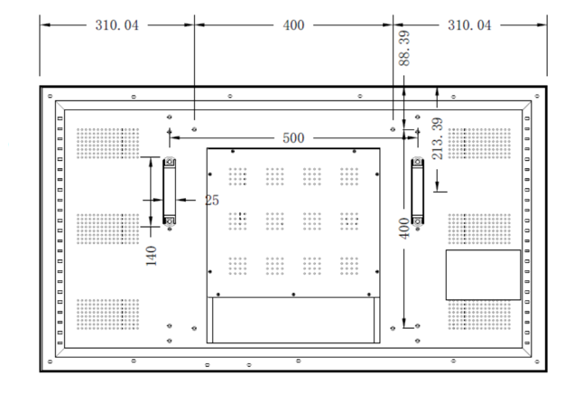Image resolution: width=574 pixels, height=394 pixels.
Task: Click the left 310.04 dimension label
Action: click(x=116, y=25)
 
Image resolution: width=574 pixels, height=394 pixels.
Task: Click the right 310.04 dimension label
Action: click(x=469, y=25)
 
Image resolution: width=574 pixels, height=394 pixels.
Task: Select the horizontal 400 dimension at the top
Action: click(x=293, y=25)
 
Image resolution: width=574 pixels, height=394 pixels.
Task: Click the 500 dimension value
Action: click(x=293, y=137)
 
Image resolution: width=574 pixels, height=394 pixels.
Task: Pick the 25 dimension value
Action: click(x=211, y=200)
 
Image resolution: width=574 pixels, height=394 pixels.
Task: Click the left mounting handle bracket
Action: click(x=170, y=191)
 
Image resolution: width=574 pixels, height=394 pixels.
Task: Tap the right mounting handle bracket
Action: click(x=417, y=191)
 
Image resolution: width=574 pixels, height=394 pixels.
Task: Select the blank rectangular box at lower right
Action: click(x=483, y=275)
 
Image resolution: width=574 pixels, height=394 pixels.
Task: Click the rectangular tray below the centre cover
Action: click(x=293, y=319)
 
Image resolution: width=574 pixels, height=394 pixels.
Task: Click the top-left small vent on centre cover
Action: click(x=237, y=175)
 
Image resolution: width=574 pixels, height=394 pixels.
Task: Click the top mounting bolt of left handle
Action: click(x=170, y=163)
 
